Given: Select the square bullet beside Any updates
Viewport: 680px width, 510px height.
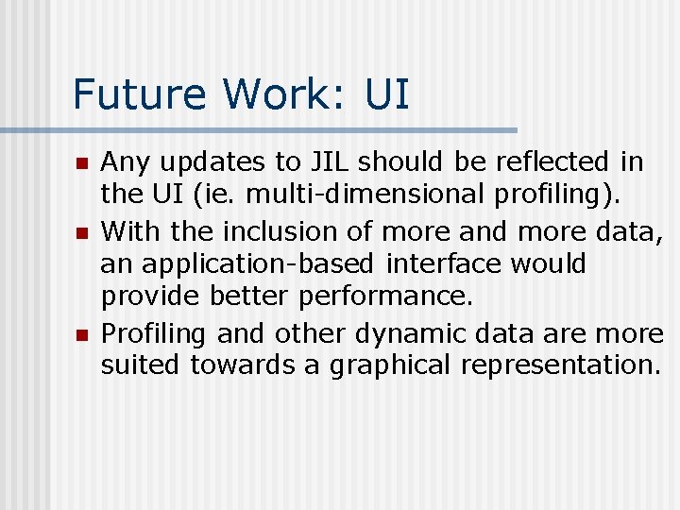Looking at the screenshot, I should (81, 164).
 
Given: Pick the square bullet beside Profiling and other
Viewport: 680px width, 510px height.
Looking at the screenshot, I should (81, 335).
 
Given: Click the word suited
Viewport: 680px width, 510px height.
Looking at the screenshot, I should (142, 365).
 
